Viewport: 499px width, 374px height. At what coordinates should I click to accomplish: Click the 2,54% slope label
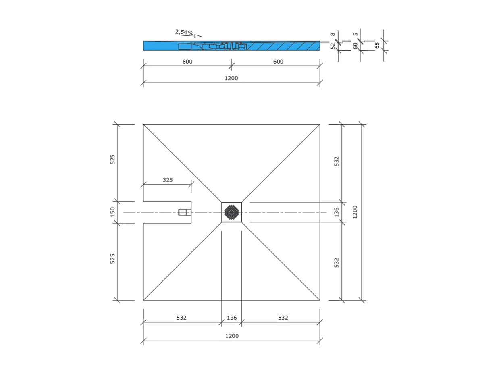point(184,32)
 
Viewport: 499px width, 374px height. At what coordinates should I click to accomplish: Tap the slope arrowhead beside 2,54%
point(198,36)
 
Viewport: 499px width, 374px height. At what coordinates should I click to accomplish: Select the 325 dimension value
point(168,180)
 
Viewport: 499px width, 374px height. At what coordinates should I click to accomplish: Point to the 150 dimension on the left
point(113,212)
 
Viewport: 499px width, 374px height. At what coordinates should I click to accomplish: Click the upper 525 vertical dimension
point(113,159)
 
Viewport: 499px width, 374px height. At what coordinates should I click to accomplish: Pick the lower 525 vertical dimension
point(113,258)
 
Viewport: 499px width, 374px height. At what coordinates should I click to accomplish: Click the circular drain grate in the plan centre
point(232,212)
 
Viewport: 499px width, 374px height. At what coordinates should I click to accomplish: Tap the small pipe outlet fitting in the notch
point(184,212)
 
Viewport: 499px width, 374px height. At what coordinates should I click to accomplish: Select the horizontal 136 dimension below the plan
point(232,318)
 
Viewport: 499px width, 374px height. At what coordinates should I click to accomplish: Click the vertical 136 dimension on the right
point(337,212)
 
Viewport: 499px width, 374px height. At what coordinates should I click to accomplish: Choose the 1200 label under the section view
point(231,78)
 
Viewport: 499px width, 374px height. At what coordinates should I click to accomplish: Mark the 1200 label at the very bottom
point(232,336)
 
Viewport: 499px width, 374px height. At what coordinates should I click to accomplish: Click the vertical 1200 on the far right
point(355,212)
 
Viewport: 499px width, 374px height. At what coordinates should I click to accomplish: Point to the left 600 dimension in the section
point(187,62)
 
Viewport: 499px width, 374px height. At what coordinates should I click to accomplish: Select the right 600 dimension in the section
point(278,62)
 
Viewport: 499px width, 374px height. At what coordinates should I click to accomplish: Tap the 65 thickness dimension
point(377,45)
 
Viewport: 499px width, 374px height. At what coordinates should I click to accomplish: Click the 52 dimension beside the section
point(333,46)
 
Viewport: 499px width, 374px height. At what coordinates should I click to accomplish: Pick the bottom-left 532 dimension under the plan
point(181,318)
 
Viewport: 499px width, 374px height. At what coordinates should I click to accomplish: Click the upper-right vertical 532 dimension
point(337,161)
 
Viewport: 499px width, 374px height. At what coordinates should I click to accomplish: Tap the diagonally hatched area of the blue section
point(282,46)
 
